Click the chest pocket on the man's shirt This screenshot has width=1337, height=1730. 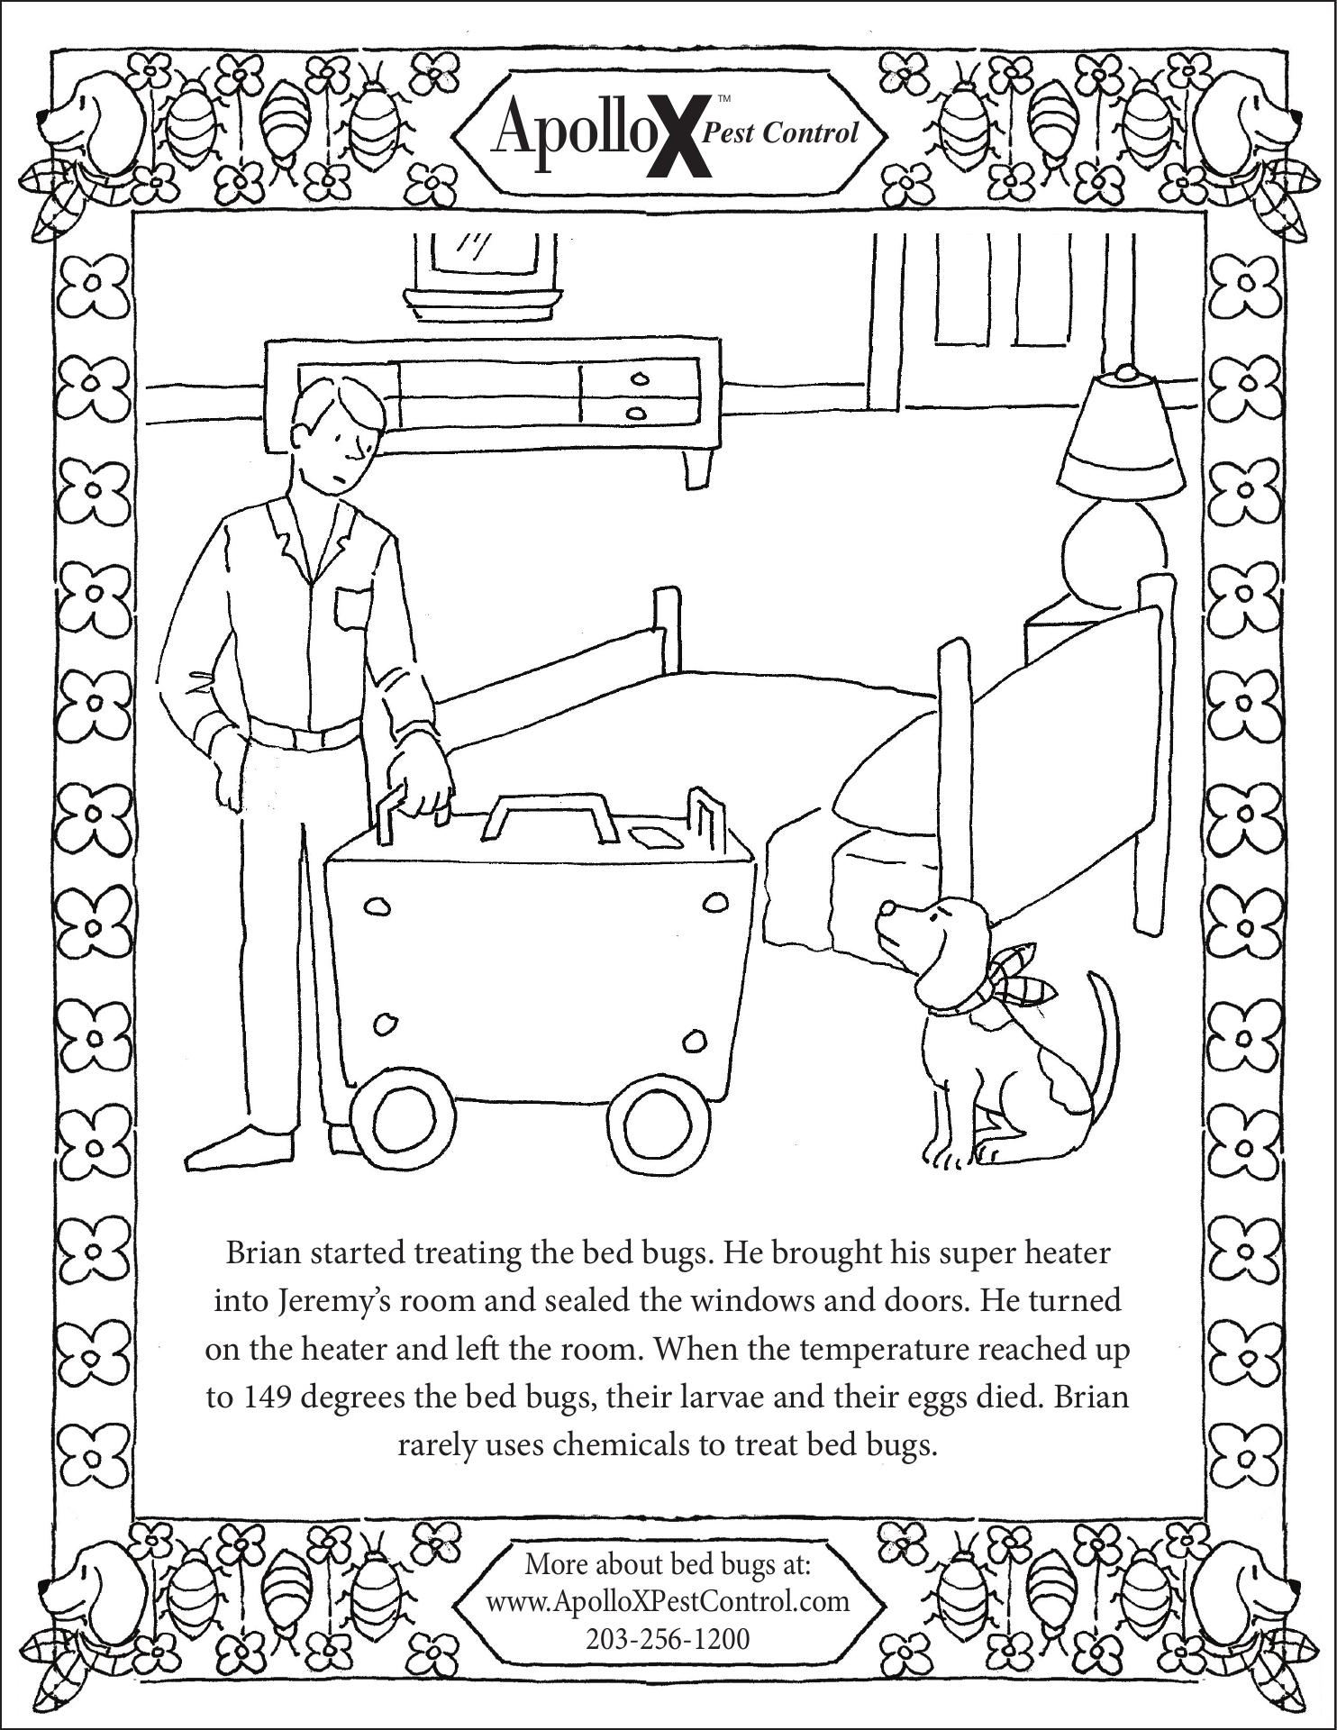coord(351,610)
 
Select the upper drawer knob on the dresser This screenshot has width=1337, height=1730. coord(639,378)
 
